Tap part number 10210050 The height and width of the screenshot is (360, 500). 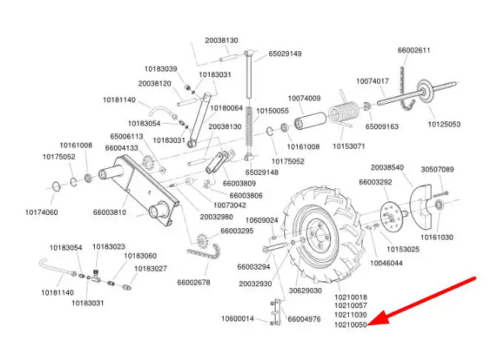350,324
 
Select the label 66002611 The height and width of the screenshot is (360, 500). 414,50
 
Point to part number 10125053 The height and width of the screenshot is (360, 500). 444,124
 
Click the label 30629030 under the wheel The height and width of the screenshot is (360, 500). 306,291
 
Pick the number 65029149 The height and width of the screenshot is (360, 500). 285,53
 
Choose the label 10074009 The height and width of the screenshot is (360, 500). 304,99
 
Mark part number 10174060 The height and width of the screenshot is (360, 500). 41,213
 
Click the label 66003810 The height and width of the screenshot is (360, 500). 110,213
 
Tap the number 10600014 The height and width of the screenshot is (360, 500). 237,319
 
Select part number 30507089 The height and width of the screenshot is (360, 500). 437,170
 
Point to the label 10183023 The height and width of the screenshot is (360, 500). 109,247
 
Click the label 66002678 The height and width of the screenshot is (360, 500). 193,282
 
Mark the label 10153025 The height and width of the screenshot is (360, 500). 403,250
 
